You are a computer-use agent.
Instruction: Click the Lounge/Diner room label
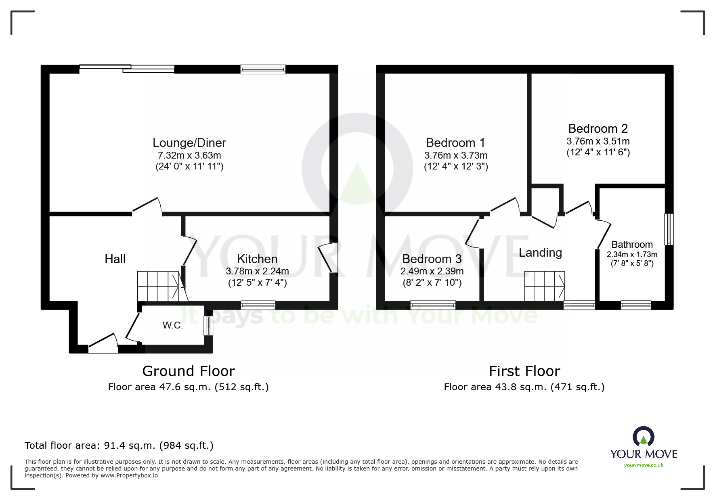pyautogui.click(x=189, y=143)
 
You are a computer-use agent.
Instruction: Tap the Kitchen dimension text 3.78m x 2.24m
pyautogui.click(x=257, y=271)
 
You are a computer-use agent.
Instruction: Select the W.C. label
pyautogui.click(x=173, y=325)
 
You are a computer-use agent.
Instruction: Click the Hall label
pyautogui.click(x=115, y=259)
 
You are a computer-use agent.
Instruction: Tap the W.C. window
pyautogui.click(x=208, y=326)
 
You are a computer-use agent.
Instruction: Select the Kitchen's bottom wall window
pyautogui.click(x=258, y=305)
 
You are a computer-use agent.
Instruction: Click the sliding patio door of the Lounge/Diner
pyautogui.click(x=127, y=69)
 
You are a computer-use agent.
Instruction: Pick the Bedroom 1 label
pyautogui.click(x=455, y=143)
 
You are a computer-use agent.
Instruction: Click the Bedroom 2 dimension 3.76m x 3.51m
pyautogui.click(x=598, y=141)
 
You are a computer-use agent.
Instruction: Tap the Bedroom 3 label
pyautogui.click(x=432, y=259)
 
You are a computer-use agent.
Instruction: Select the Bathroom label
pyautogui.click(x=632, y=245)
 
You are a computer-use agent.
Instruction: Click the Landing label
pyautogui.click(x=540, y=253)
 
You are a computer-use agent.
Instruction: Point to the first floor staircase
pyautogui.click(x=544, y=286)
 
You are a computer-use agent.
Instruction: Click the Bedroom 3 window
pyautogui.click(x=433, y=305)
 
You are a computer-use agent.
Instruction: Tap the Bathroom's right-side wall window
pyautogui.click(x=669, y=229)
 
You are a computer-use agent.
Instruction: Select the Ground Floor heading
pyautogui.click(x=189, y=371)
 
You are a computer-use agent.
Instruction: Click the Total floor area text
pyautogui.click(x=119, y=446)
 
